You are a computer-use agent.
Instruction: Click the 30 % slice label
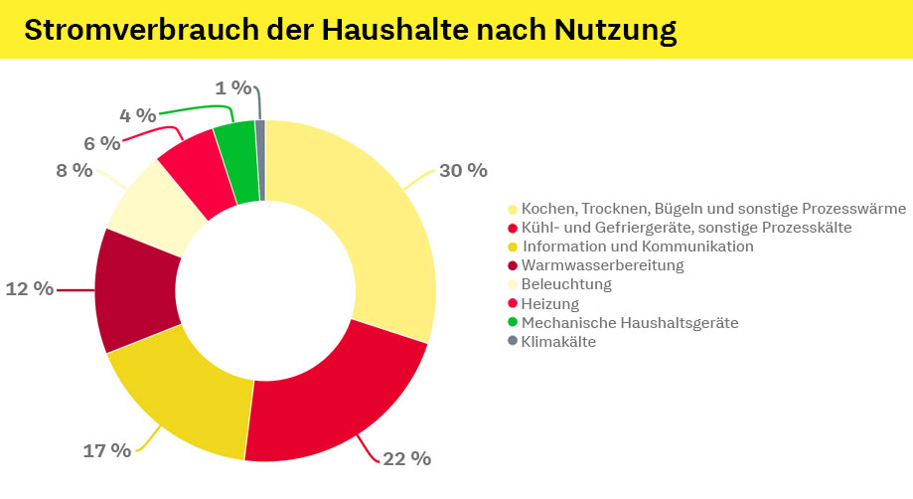pyautogui.click(x=463, y=170)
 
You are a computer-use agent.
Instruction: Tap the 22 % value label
pyautogui.click(x=407, y=458)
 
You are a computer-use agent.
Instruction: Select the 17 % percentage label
pyautogui.click(x=106, y=450)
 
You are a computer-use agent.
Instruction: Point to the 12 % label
pyautogui.click(x=29, y=289)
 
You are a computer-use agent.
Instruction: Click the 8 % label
pyautogui.click(x=74, y=170)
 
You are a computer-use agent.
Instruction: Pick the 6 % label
pyautogui.click(x=101, y=143)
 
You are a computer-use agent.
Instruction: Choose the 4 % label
pyautogui.click(x=138, y=115)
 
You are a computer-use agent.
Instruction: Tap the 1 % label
pyautogui.click(x=234, y=87)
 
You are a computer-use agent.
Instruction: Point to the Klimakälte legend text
pyautogui.click(x=558, y=341)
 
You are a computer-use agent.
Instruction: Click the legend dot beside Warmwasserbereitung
pyautogui.click(x=513, y=265)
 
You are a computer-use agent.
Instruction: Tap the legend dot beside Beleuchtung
pyautogui.click(x=513, y=284)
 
